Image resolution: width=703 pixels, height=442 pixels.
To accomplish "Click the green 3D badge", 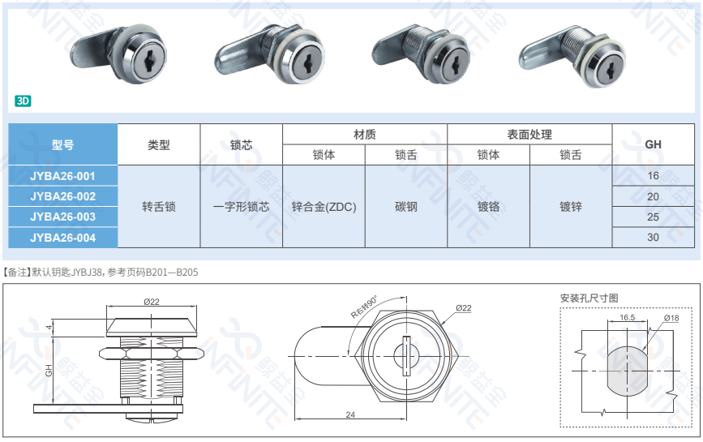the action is [23, 101].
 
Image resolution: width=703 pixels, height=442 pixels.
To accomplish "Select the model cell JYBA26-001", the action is [62, 176].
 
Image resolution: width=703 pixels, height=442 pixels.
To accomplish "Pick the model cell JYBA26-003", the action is [62, 217].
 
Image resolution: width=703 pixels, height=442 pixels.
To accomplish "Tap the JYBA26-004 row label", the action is [62, 238].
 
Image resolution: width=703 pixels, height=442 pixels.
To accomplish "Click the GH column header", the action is [653, 144].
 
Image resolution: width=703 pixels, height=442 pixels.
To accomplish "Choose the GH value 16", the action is [653, 176].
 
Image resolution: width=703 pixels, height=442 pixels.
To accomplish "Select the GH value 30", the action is [653, 238].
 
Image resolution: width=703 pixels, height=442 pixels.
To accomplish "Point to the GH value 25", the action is [653, 217].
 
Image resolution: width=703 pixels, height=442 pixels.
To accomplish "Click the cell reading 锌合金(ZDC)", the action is [324, 207].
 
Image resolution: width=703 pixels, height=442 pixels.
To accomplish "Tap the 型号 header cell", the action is [62, 144].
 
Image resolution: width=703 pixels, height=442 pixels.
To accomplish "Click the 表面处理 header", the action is [529, 134].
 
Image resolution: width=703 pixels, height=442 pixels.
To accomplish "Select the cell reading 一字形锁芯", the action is [241, 207].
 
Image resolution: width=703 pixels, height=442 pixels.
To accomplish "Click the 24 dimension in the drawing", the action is [350, 414].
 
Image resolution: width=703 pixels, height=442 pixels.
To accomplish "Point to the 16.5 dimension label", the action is [628, 317].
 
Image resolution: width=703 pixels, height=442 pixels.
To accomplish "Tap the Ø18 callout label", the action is [671, 318].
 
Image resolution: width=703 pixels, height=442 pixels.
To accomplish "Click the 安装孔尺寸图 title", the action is [589, 298].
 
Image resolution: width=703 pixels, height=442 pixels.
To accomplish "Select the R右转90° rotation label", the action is [363, 307].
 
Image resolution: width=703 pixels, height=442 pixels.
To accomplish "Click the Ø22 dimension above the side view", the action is [152, 302].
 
